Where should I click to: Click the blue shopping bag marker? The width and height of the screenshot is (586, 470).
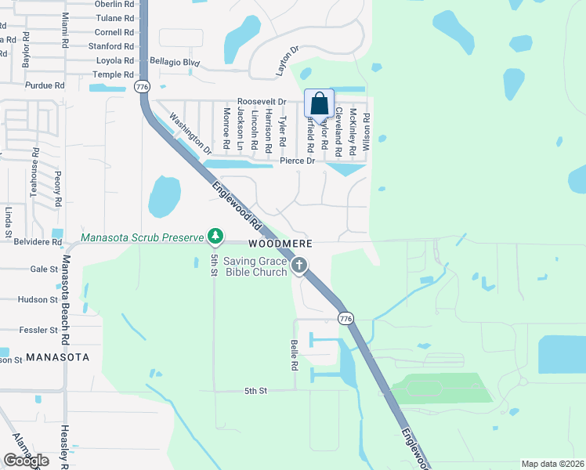[x=319, y=103]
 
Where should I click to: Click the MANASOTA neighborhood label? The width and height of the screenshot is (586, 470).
[x=57, y=357]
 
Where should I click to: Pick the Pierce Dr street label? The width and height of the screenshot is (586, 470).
[x=297, y=161]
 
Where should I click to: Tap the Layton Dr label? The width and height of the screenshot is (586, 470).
[x=288, y=60]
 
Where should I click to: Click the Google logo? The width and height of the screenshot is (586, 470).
[x=26, y=461]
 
